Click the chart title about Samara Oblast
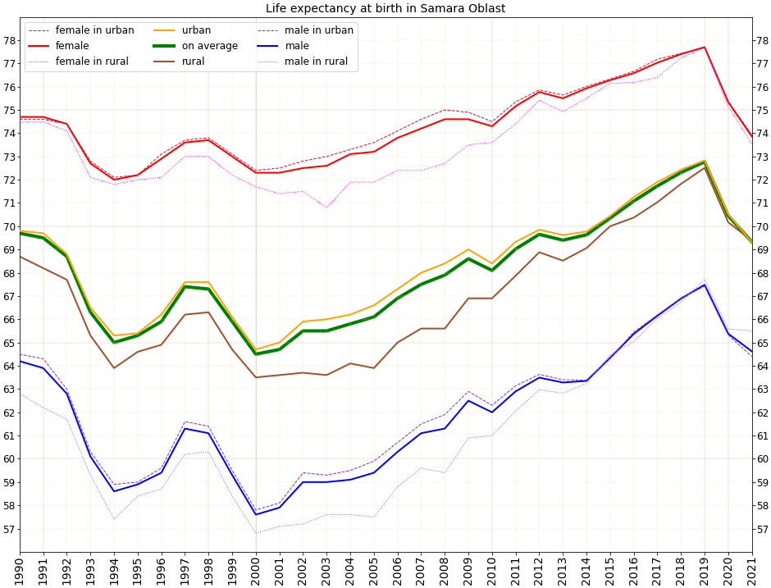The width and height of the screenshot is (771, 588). pyautogui.click(x=385, y=8)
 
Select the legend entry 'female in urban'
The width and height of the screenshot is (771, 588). pyautogui.click(x=94, y=30)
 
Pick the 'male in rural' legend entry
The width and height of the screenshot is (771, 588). pyautogui.click(x=316, y=62)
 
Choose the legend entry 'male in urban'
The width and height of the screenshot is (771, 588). pyautogui.click(x=319, y=30)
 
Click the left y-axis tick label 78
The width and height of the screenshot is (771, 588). pyautogui.click(x=9, y=40)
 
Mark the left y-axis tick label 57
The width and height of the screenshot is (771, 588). pyautogui.click(x=9, y=529)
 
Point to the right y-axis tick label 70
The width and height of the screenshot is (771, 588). pyautogui.click(x=761, y=226)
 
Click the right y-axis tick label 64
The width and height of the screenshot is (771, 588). pyautogui.click(x=761, y=366)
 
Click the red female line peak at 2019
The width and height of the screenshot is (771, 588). pyautogui.click(x=705, y=47)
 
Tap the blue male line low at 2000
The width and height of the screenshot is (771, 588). pyautogui.click(x=255, y=514)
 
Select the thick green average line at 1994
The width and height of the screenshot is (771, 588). pyautogui.click(x=114, y=342)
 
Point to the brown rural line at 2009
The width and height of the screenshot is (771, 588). pyautogui.click(x=468, y=299)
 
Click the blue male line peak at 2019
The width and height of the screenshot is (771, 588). pyautogui.click(x=705, y=285)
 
